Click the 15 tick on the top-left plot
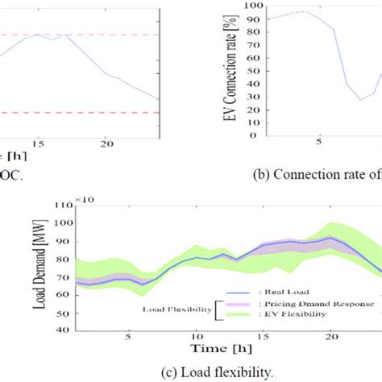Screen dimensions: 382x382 pos(37,143)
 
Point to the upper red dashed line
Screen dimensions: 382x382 pos(81,35)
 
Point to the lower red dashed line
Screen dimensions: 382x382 pos(81,112)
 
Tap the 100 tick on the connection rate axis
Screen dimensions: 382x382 pos(255,6)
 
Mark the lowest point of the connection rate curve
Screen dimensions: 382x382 pos(361,99)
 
